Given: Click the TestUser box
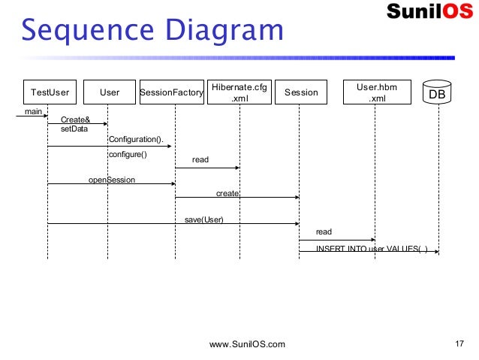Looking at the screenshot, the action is click(50, 92).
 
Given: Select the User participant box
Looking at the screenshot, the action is click(110, 92).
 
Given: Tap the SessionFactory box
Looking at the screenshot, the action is click(172, 92).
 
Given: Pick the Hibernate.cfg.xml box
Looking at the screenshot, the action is click(239, 92).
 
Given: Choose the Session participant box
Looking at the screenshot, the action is click(301, 92).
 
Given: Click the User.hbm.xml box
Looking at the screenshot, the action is click(377, 92).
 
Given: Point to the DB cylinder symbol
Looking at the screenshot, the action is click(437, 92).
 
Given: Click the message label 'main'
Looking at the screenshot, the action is click(33, 112).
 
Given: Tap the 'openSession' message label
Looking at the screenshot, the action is click(112, 180).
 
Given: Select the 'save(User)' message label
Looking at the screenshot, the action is click(204, 219).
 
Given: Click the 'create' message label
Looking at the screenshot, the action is click(227, 194).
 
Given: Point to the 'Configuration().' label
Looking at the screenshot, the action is click(136, 140).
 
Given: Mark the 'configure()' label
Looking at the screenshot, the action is click(128, 155).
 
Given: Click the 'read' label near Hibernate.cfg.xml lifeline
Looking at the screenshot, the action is click(200, 159).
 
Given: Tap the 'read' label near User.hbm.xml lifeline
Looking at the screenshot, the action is click(324, 231).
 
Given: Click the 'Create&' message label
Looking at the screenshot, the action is click(76, 119).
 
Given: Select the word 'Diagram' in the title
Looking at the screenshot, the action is click(224, 30).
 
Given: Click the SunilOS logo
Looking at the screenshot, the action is click(429, 11).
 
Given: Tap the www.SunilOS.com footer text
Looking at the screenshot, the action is click(247, 344).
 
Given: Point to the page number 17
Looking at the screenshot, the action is click(459, 343).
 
